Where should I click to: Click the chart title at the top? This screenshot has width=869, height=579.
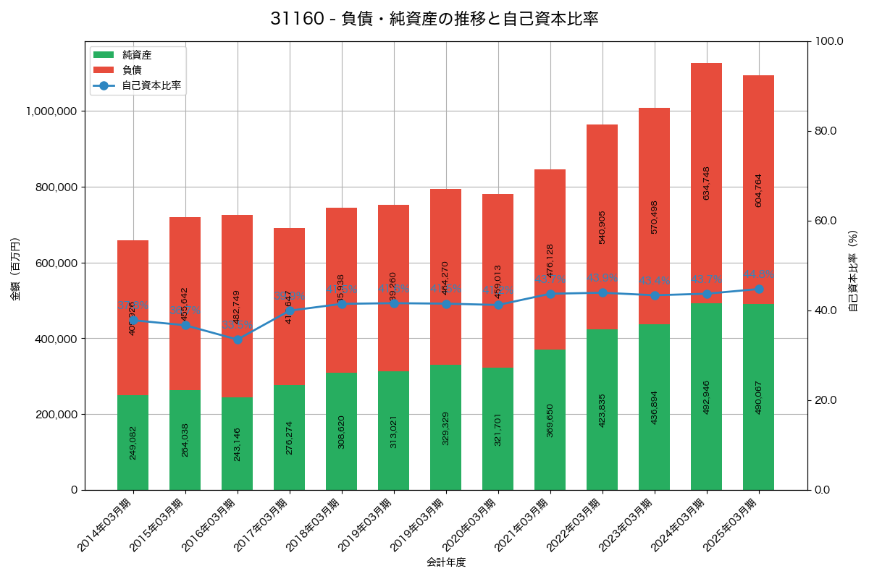(434, 19)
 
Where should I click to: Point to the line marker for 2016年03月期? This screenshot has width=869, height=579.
(238, 339)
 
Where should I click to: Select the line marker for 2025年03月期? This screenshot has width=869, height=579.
(759, 289)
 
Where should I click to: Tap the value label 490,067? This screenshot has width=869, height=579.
(758, 397)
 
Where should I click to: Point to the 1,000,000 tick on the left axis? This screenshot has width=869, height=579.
(51, 111)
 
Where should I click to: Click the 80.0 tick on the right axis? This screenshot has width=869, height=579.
(825, 131)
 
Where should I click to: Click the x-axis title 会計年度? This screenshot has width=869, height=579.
(446, 562)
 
